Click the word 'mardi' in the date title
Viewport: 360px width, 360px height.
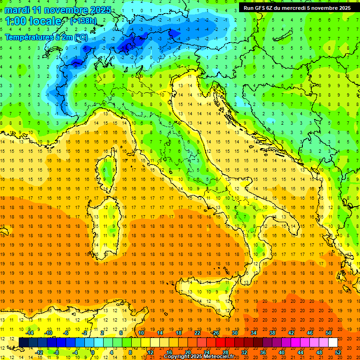pos(17,10)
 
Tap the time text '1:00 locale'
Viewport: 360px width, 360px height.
pos(33,21)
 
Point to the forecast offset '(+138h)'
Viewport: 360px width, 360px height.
pos(83,21)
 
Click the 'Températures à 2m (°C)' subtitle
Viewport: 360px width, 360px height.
pos(46,37)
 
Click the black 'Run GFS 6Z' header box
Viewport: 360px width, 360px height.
pos(297,8)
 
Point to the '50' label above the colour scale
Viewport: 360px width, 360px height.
pos(329,333)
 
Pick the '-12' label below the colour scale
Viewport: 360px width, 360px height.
pos(39,352)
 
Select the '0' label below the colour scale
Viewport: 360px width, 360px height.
pos(92,352)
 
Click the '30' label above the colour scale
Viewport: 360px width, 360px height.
pos(235,333)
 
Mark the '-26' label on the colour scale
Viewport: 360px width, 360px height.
pos(215,333)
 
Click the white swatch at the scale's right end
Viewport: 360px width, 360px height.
pos(333,342)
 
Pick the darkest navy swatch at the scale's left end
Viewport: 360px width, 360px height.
pos(23,342)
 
